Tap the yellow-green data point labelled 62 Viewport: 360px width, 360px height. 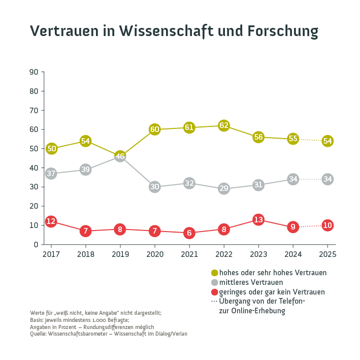(x=224, y=125)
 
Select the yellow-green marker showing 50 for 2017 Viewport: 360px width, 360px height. (x=51, y=149)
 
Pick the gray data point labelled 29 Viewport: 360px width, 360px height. (x=224, y=189)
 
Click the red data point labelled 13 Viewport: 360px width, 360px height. (x=258, y=220)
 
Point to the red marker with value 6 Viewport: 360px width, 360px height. (x=189, y=233)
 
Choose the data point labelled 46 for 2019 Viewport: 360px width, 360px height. (x=120, y=156)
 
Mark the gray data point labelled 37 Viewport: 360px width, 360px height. (x=51, y=174)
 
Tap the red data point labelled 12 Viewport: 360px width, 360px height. (x=51, y=221)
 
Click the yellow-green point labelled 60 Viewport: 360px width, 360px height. (x=155, y=129)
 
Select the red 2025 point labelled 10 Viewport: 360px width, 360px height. (x=328, y=225)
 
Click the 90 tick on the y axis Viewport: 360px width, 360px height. (x=34, y=72)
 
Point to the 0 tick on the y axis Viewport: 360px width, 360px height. (x=36, y=244)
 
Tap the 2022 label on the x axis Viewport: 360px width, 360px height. (x=224, y=254)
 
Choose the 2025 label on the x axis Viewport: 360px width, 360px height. (x=328, y=254)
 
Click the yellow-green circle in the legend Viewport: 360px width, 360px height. (x=214, y=273)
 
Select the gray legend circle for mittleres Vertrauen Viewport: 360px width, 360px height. (x=214, y=282)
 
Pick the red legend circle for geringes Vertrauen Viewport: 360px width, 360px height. (x=214, y=292)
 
